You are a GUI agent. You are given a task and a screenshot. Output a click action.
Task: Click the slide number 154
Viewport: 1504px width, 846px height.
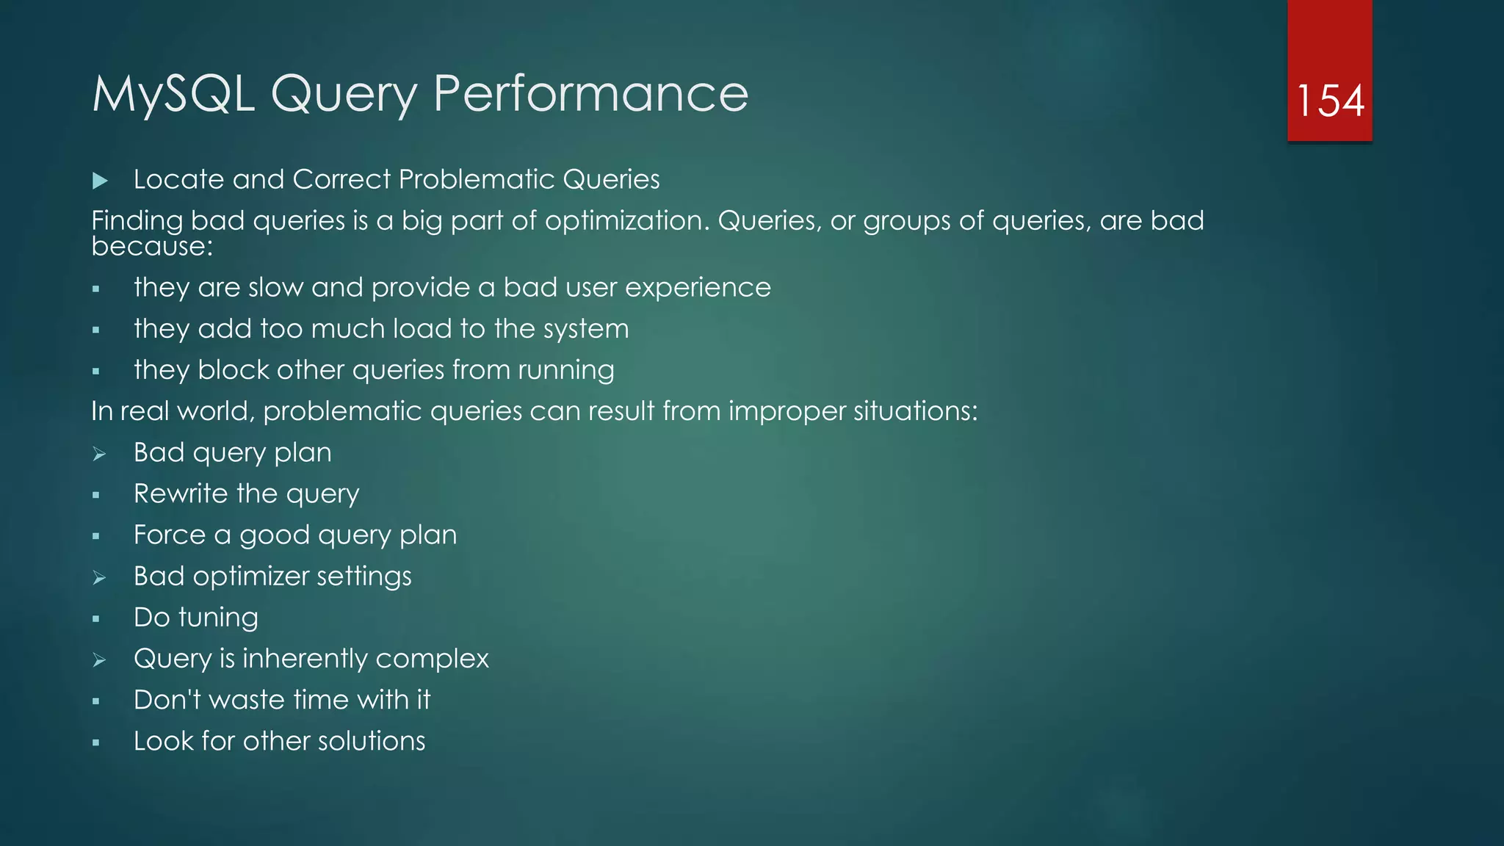[x=1330, y=101]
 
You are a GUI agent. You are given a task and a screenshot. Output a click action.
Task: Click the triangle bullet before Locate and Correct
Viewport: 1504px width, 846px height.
[x=101, y=181]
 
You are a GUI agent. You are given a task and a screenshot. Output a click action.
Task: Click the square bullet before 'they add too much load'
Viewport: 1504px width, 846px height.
[x=96, y=330]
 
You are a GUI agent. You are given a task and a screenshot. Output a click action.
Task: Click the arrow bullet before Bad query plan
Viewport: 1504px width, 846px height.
[x=100, y=455]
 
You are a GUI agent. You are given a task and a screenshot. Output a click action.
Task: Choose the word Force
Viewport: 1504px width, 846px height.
[x=170, y=535]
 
